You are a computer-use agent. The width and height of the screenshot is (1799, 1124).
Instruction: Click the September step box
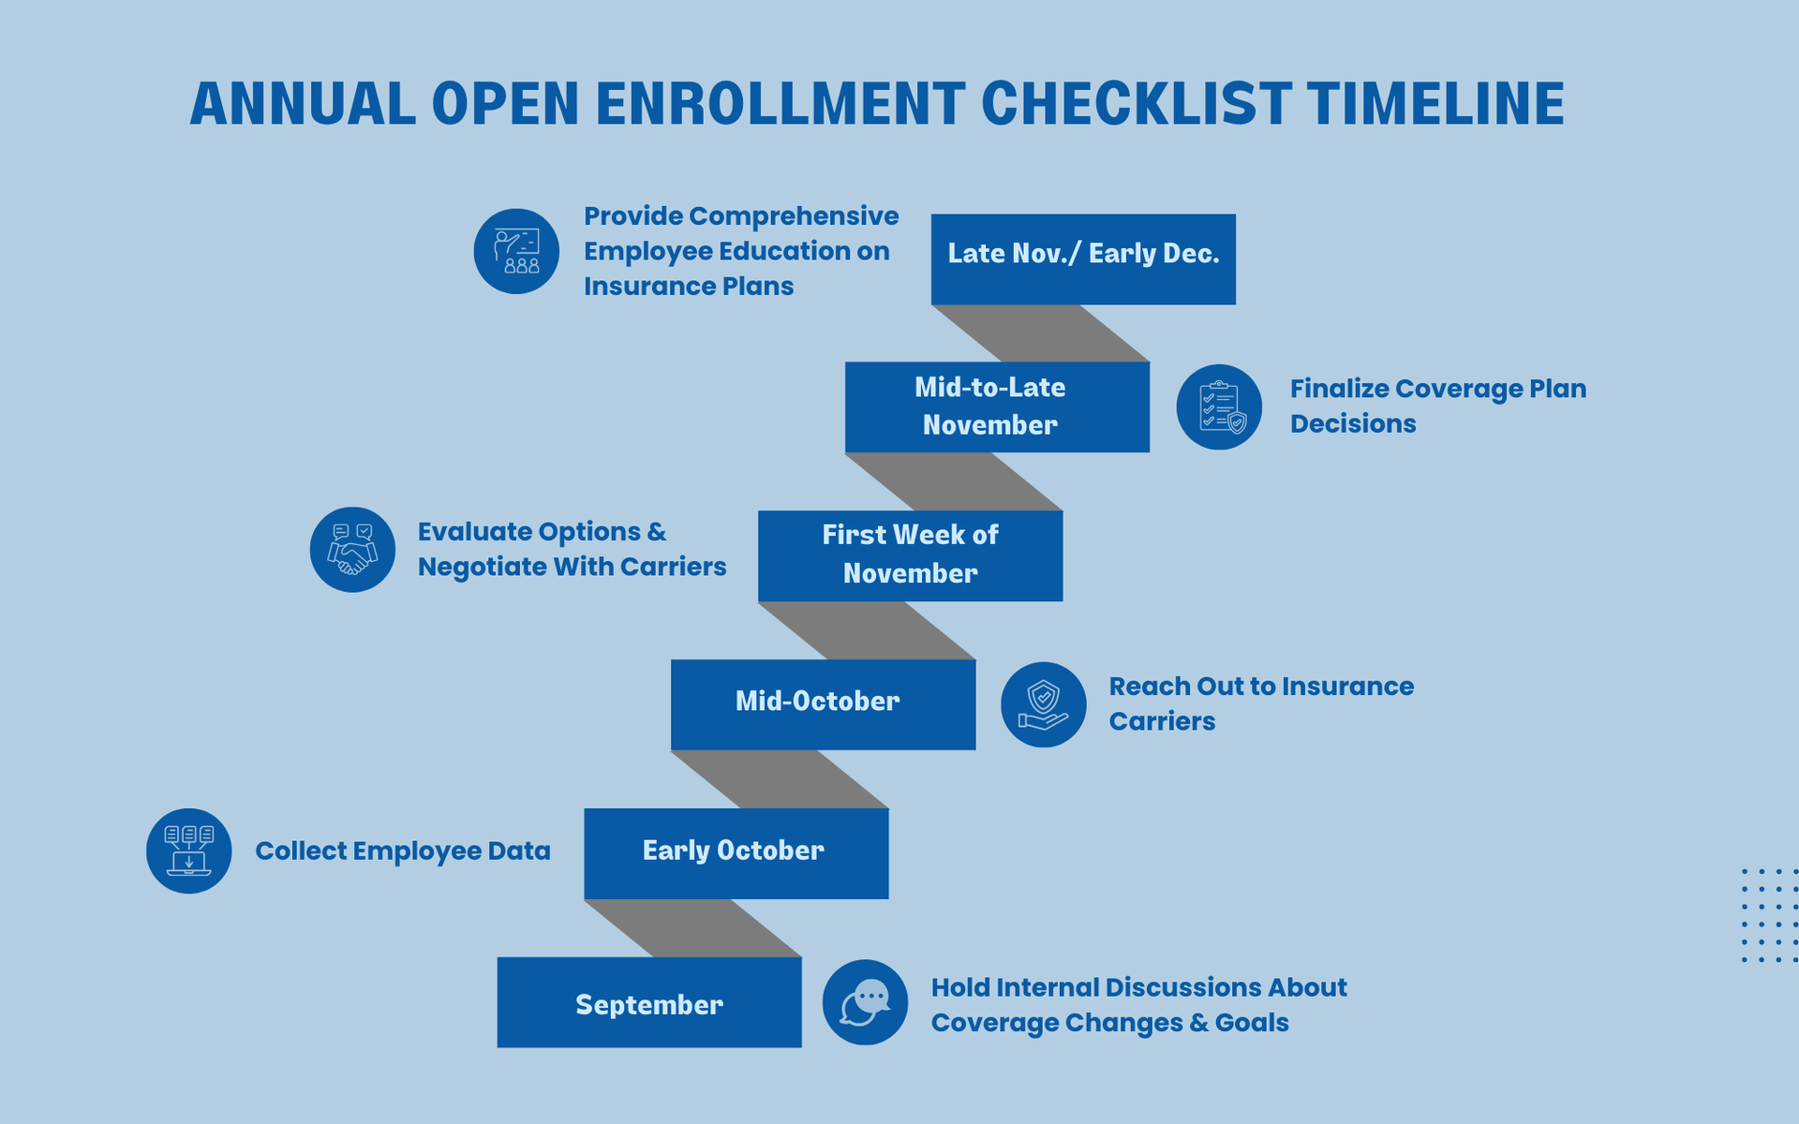click(x=649, y=1002)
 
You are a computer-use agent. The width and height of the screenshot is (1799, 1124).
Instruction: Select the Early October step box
click(x=736, y=853)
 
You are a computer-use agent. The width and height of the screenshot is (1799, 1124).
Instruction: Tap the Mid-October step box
click(x=824, y=704)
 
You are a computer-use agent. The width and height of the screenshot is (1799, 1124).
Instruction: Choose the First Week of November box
click(x=911, y=555)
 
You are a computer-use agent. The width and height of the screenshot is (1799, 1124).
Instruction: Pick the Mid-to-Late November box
click(x=997, y=407)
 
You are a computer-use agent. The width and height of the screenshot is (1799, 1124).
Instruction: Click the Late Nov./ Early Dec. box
click(x=1083, y=259)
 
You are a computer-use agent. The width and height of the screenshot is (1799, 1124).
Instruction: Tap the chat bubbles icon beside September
click(x=865, y=1002)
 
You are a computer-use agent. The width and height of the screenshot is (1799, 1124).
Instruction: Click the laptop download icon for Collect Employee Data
click(x=188, y=850)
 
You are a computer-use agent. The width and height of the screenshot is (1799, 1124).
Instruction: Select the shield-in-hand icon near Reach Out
click(x=1044, y=704)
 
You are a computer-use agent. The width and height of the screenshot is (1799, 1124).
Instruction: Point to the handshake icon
click(x=352, y=550)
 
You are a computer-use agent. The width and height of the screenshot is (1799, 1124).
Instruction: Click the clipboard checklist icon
click(x=1219, y=407)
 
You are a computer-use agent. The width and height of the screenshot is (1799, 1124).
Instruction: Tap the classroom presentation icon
click(x=516, y=251)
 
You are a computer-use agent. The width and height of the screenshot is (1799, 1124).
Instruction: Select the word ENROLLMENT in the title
click(x=781, y=103)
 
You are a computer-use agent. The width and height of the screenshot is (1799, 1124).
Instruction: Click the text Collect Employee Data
click(x=403, y=850)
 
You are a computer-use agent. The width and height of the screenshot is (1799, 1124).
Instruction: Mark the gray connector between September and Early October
click(x=693, y=928)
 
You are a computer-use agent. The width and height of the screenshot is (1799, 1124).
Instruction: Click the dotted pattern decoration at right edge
click(x=1770, y=915)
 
